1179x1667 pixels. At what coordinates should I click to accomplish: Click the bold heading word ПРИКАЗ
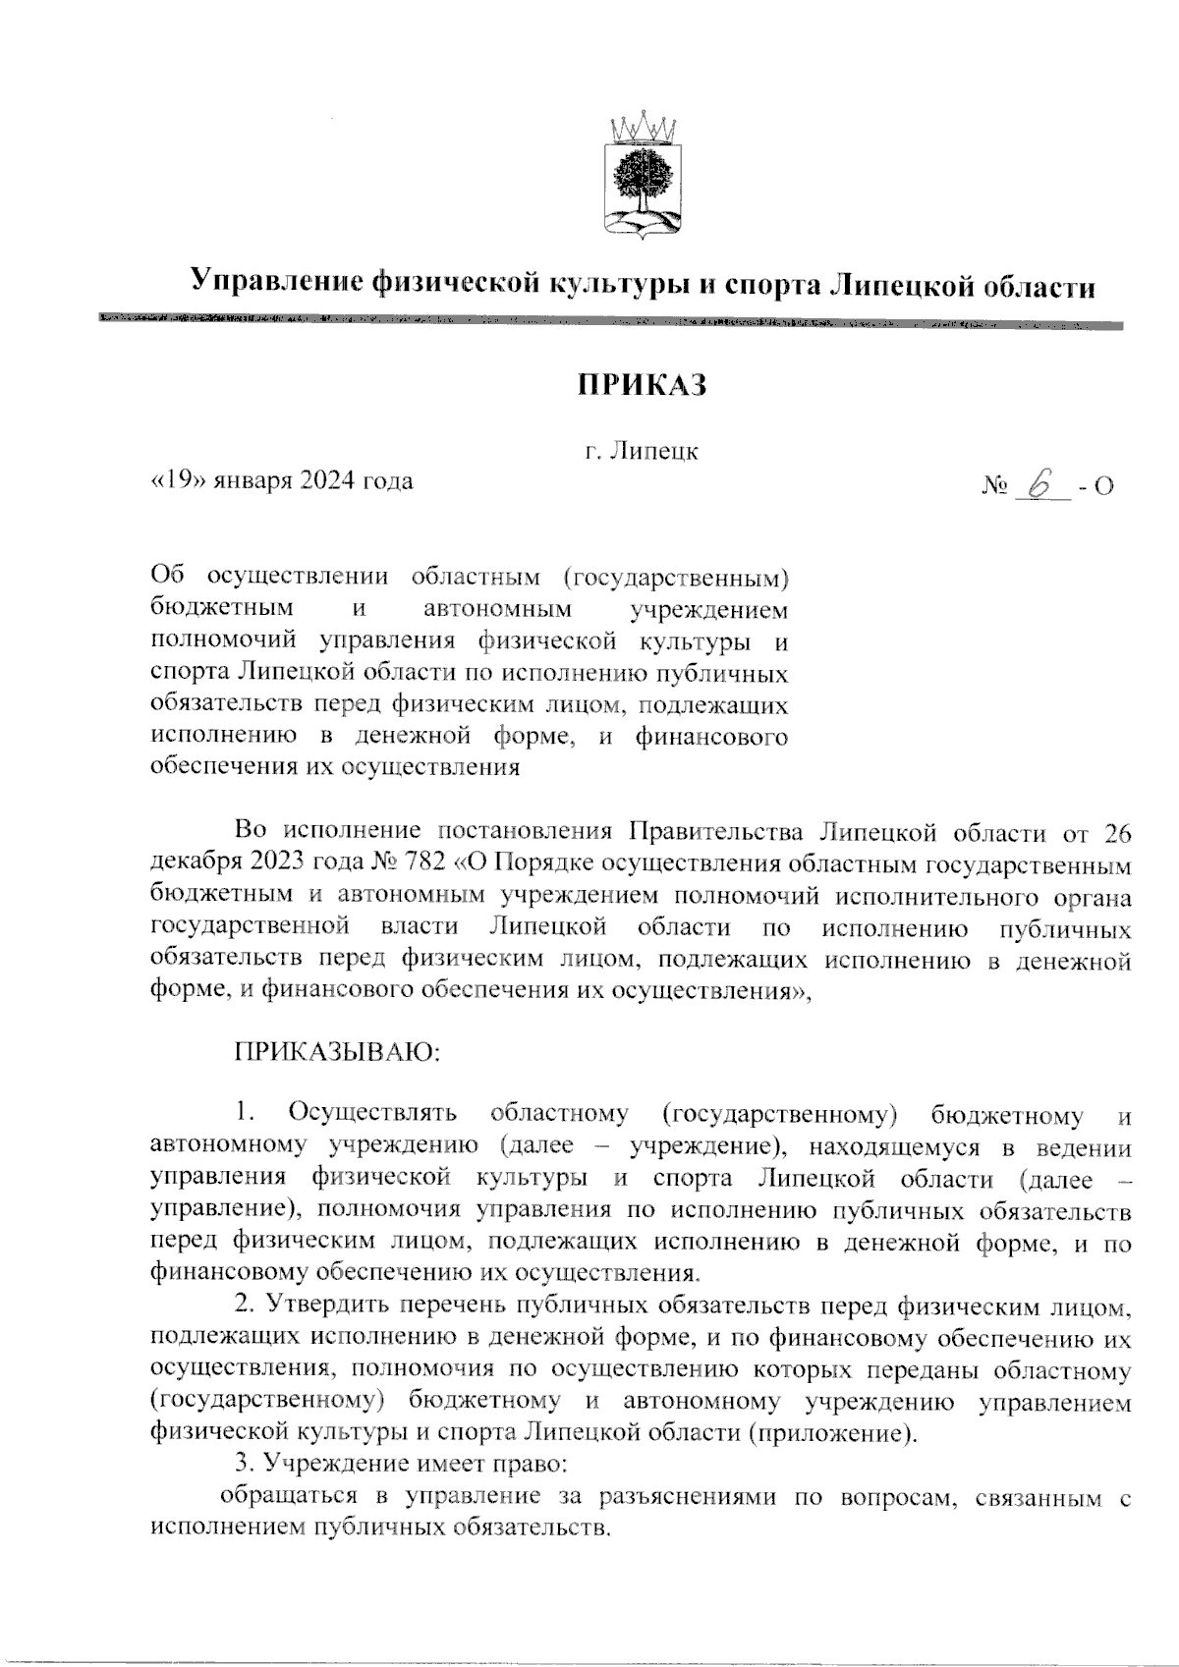(x=642, y=385)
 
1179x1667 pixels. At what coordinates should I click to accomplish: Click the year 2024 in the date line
(x=329, y=481)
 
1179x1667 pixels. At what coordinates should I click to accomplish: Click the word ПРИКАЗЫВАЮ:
(x=337, y=1052)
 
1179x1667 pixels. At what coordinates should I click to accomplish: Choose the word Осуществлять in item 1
(x=372, y=1115)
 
